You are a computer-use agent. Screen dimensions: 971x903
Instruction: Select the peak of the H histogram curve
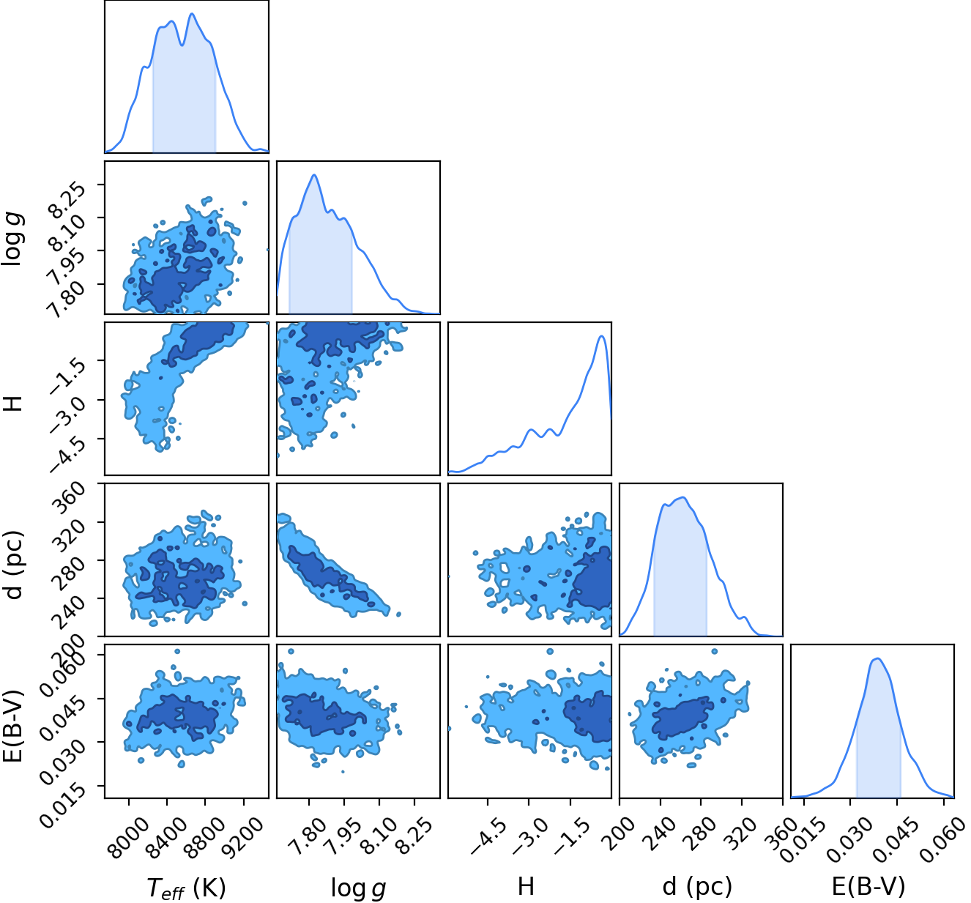coord(603,335)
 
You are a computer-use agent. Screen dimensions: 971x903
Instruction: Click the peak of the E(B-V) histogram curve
coord(877,658)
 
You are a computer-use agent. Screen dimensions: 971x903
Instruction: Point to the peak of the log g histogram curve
coord(314,174)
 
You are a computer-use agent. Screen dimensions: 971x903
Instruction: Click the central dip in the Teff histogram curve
coord(182,45)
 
